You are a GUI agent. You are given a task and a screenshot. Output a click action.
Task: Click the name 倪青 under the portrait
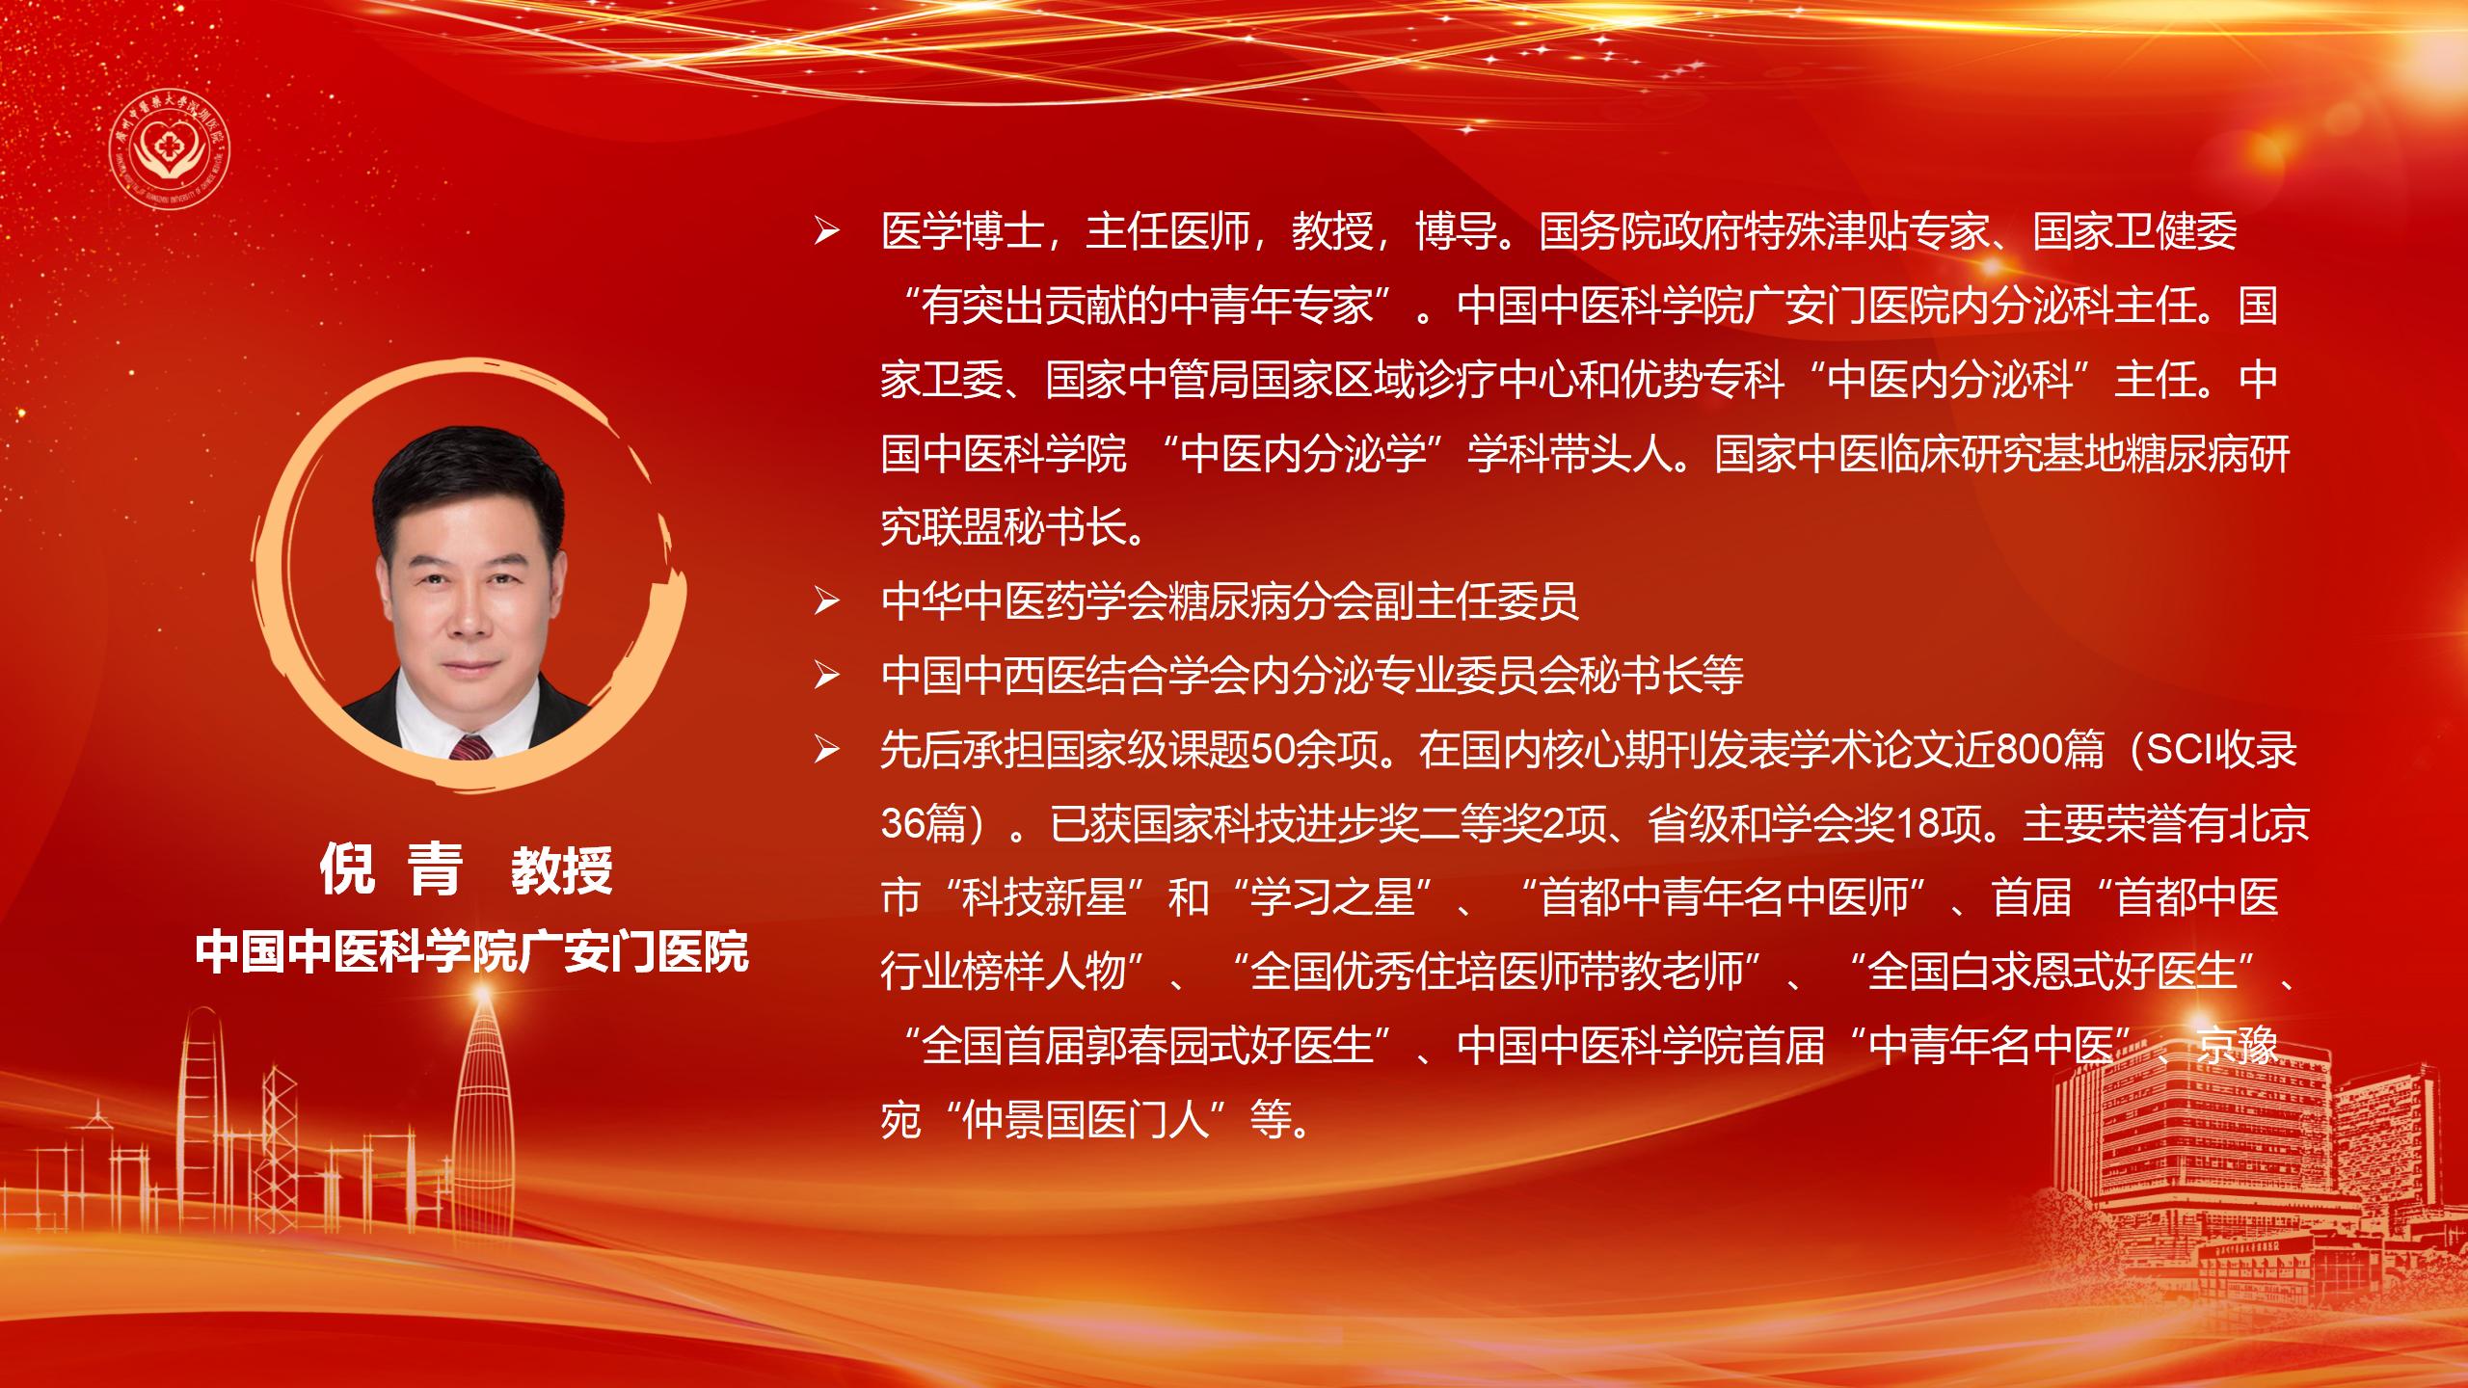[391, 869]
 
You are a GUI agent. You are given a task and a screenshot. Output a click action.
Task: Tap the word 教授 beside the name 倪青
[561, 870]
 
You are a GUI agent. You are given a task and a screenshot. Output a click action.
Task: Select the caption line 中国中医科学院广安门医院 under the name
[471, 952]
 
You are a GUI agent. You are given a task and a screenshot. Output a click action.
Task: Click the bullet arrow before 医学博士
[827, 233]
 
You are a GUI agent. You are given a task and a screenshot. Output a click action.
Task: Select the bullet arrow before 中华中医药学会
[827, 603]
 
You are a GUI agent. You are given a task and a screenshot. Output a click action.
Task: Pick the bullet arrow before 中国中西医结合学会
[827, 678]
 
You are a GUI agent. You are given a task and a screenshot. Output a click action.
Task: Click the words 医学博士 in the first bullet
[961, 232]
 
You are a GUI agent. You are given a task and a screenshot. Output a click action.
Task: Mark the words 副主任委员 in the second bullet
[1477, 602]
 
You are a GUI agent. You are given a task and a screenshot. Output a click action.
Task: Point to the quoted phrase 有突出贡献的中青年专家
[1147, 307]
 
